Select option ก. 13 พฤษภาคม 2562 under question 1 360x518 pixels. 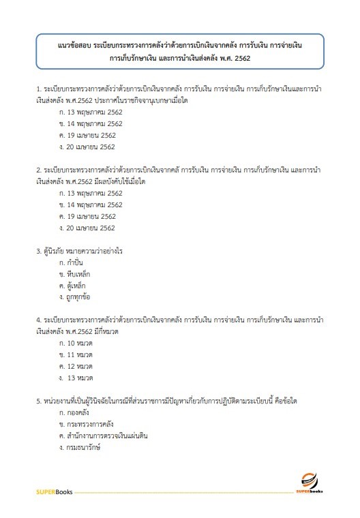tap(91, 112)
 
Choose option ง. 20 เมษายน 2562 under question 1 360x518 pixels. tap(87, 147)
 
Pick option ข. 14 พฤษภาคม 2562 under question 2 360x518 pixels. tap(91, 204)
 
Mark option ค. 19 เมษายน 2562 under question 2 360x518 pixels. tap(87, 216)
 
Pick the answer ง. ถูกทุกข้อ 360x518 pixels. tap(77, 297)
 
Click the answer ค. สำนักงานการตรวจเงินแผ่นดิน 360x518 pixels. tap(104, 436)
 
